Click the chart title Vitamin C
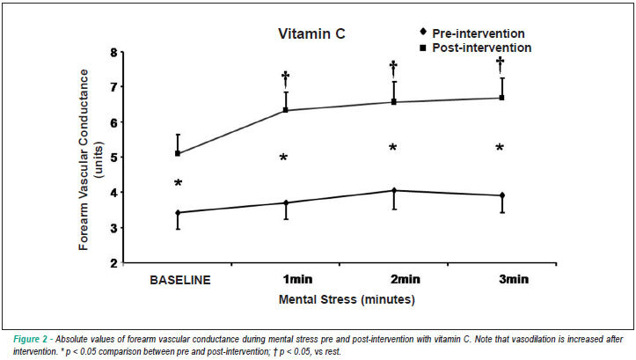coord(311,33)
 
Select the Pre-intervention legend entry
coord(472,33)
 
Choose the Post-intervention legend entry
coord(475,48)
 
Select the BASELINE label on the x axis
coord(180,280)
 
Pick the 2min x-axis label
coord(405,279)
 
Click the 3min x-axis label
coord(513,279)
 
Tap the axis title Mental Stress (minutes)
coord(347,299)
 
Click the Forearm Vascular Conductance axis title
coord(84,159)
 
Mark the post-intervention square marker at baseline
coord(178,153)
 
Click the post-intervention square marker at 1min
coord(286,110)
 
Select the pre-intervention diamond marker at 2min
coord(393,190)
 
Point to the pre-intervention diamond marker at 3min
coord(502,195)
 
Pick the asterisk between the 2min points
coord(392,148)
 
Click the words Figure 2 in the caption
coord(30,339)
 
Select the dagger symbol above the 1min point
coord(285,78)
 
